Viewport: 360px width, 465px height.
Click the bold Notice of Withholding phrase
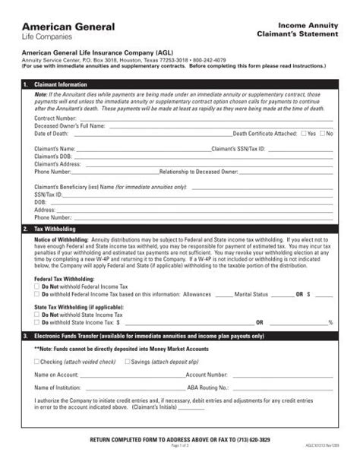point(62,239)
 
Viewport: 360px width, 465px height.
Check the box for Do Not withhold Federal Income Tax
point(37,286)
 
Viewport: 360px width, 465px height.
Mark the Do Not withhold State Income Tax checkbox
point(37,315)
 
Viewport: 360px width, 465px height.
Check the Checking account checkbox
point(37,362)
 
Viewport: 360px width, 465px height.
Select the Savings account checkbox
point(127,362)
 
